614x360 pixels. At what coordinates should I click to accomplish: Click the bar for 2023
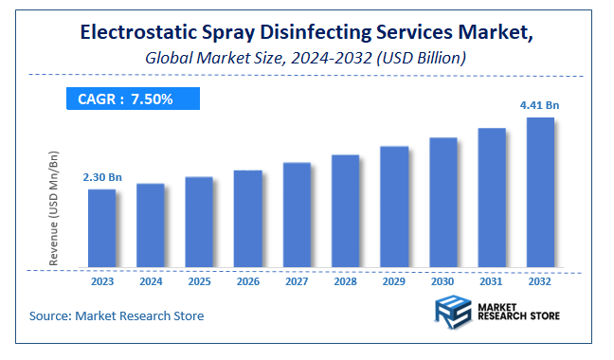point(101,228)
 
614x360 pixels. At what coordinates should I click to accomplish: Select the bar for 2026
point(247,219)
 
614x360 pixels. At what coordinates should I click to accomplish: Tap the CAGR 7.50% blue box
point(132,98)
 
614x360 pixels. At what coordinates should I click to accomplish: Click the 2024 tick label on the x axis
point(151,281)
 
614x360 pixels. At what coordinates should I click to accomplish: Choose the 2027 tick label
point(297,281)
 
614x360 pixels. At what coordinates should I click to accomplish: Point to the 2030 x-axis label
point(442,281)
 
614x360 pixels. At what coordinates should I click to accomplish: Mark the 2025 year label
point(199,281)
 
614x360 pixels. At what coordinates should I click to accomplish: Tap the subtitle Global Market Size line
point(303,58)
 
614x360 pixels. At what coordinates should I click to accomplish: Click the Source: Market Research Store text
point(117,315)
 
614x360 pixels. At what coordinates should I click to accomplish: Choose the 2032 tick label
point(539,281)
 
